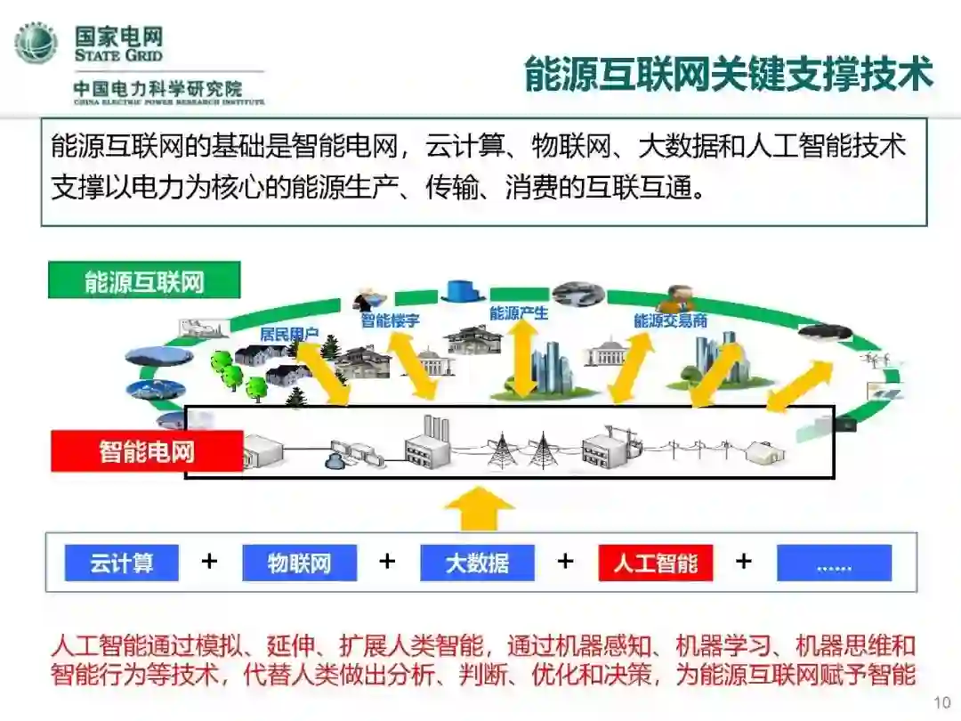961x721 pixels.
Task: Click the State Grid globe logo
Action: (x=36, y=43)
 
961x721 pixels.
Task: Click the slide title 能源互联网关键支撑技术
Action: (x=728, y=74)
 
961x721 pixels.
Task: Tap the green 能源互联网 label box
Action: (x=144, y=282)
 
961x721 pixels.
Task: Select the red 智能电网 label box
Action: (x=147, y=451)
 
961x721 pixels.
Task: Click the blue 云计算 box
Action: (x=121, y=563)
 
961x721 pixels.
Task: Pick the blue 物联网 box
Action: (x=299, y=563)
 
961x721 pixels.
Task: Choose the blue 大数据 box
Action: (x=477, y=563)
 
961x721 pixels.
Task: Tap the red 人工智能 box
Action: (x=656, y=563)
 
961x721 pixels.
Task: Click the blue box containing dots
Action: (x=834, y=563)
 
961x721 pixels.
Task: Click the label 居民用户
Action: (x=289, y=335)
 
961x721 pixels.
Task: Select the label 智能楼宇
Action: (x=390, y=320)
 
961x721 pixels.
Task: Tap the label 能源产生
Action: (x=519, y=313)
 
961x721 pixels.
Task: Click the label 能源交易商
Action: (x=670, y=320)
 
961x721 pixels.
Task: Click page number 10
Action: (x=942, y=703)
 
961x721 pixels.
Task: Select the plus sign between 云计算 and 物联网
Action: (x=209, y=562)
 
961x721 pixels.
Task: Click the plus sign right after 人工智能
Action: (x=744, y=562)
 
